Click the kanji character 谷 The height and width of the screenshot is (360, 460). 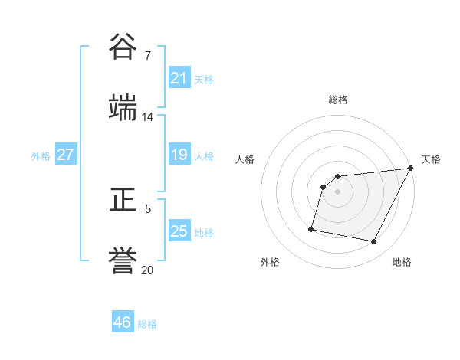tap(123, 47)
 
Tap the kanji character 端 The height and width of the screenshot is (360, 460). tap(123, 107)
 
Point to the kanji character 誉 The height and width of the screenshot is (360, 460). tap(123, 260)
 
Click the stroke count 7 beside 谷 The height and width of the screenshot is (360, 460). tap(148, 56)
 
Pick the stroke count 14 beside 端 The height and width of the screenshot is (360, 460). tap(147, 117)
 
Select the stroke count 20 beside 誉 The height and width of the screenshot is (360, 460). tap(147, 270)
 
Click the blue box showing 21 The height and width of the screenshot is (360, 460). tap(179, 78)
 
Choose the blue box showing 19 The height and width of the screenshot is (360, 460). tap(179, 155)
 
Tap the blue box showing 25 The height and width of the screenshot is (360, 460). tap(179, 231)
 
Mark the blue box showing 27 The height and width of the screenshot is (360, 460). tap(65, 155)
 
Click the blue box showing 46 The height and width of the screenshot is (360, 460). tap(122, 322)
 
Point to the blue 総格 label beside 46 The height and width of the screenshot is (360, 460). tap(147, 324)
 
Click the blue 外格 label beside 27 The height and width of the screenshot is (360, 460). tap(41, 156)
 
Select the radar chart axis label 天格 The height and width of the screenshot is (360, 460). tap(431, 159)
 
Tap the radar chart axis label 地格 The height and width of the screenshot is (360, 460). tap(402, 262)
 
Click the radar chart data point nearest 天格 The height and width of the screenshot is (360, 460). tap(410, 169)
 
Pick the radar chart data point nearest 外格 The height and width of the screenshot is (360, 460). tap(311, 228)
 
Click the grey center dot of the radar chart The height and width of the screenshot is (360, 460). tap(337, 191)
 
